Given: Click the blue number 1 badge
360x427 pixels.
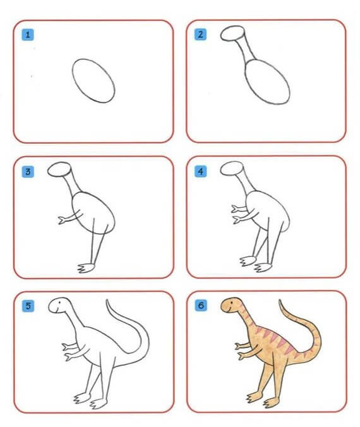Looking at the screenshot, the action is pyautogui.click(x=28, y=35).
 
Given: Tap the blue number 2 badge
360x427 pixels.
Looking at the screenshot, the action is pyautogui.click(x=200, y=34).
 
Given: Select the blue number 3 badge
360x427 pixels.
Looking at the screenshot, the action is pyautogui.click(x=28, y=172).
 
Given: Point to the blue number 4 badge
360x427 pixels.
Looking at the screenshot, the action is pyautogui.click(x=200, y=171).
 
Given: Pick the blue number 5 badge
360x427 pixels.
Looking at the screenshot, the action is pyautogui.click(x=28, y=306).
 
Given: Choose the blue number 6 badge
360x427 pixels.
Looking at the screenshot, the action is pyautogui.click(x=201, y=305).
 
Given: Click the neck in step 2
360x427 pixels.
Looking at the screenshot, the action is pyautogui.click(x=247, y=51).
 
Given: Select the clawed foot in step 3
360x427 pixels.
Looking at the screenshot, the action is pyautogui.click(x=86, y=268).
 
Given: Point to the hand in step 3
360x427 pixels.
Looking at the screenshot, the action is pyautogui.click(x=62, y=220).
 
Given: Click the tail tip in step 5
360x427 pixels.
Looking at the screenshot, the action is pyautogui.click(x=107, y=300).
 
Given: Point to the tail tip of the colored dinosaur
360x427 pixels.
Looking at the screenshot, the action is pyautogui.click(x=279, y=301).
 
